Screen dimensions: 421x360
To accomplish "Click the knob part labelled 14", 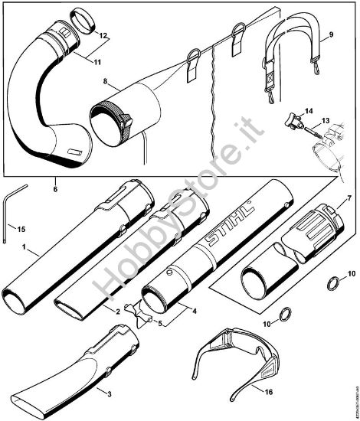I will tap(293, 121).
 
